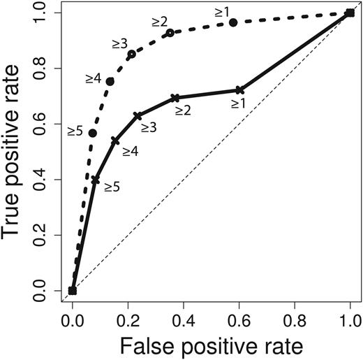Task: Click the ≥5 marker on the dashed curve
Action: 93,133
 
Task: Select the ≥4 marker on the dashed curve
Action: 110,81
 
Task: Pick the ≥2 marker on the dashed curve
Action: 170,33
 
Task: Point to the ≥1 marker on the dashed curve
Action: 233,22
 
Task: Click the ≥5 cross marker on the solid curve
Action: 96,180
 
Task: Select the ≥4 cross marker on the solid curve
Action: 115,141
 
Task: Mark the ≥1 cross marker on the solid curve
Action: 239,90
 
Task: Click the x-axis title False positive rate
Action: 212,344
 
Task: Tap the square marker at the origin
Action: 73,291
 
